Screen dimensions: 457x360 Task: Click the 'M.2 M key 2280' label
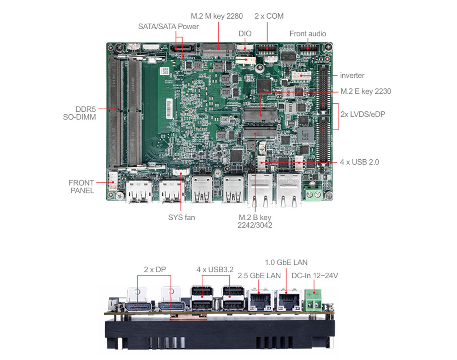tap(217, 16)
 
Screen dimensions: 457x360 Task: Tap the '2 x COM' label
tap(269, 16)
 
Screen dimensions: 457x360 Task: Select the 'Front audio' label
tap(308, 33)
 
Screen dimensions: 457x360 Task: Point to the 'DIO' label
tap(245, 33)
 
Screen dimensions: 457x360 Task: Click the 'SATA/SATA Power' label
tap(168, 27)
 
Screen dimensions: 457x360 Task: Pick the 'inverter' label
tap(352, 75)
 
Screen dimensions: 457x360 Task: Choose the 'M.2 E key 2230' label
tap(366, 91)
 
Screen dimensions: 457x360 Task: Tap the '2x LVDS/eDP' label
tap(363, 114)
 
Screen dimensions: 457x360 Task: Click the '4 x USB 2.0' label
tap(360, 162)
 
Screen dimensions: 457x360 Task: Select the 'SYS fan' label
tap(182, 217)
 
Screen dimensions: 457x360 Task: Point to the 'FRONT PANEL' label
tap(82, 187)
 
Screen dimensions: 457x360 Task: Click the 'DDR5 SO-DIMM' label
tap(80, 113)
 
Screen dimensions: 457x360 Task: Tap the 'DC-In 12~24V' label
tap(315, 276)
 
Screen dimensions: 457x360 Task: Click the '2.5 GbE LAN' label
tap(259, 276)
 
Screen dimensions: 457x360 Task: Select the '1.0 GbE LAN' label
tap(286, 263)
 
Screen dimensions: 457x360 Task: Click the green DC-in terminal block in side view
tap(313, 300)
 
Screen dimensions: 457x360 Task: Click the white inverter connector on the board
tap(301, 75)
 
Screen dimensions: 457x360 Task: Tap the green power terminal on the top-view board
tap(313, 193)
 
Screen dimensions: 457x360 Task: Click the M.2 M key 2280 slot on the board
tap(218, 50)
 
